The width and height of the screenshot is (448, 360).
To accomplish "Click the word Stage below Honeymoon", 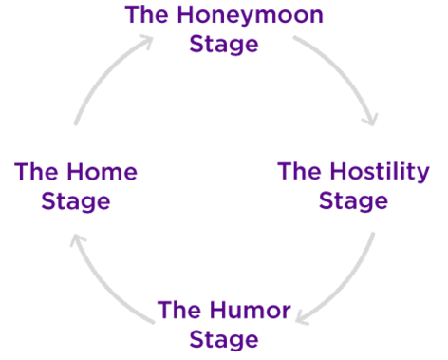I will pyautogui.click(x=224, y=45).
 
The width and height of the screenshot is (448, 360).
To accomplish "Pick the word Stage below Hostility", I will pyautogui.click(x=353, y=201).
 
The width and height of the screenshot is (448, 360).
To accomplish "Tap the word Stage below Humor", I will pyautogui.click(x=224, y=338).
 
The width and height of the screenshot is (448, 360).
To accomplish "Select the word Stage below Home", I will pyautogui.click(x=76, y=201).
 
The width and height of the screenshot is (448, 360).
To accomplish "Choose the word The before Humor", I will pyautogui.click(x=177, y=310).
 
